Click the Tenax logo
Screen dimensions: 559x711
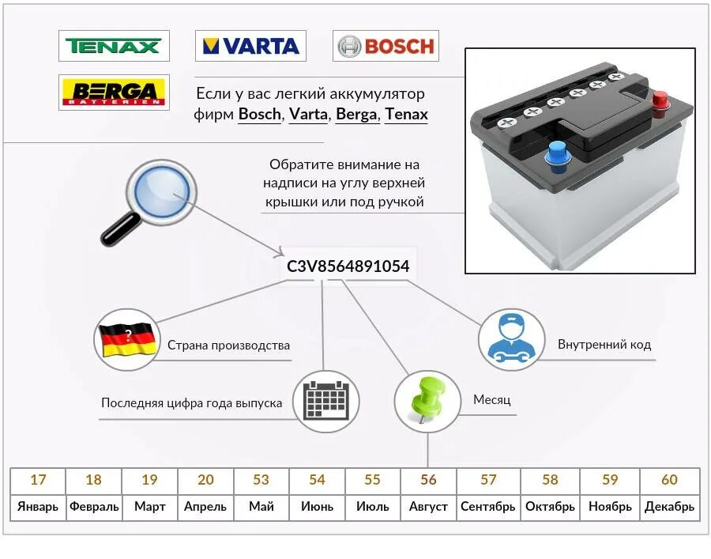(114, 46)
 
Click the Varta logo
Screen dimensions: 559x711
(251, 46)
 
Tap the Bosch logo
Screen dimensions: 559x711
(386, 46)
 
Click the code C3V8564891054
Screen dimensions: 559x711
(348, 266)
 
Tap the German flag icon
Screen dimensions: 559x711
(126, 339)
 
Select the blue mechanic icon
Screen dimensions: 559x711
(511, 339)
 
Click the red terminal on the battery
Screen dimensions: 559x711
(658, 101)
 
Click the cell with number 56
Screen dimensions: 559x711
(428, 480)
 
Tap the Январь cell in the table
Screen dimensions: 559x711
(38, 507)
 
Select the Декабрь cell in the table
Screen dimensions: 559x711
(669, 507)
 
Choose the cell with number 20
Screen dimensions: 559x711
(205, 480)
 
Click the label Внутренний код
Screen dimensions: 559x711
(604, 345)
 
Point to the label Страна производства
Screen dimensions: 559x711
(228, 346)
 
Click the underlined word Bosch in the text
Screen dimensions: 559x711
(259, 115)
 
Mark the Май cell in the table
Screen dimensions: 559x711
(261, 507)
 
